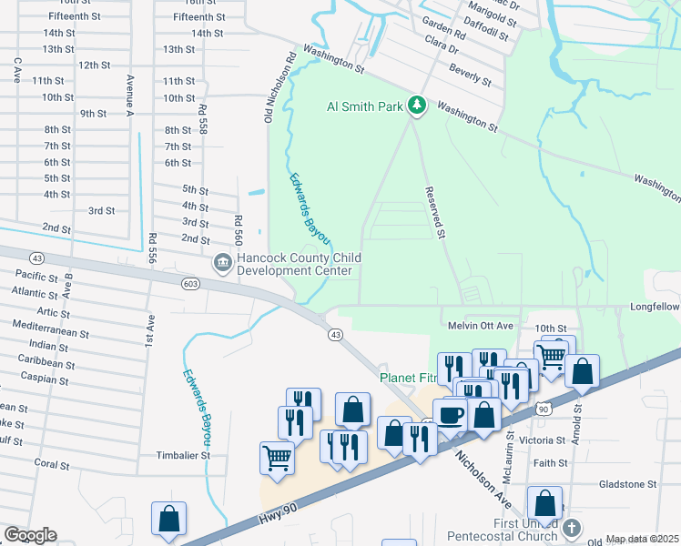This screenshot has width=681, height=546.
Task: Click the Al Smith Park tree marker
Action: click(x=417, y=106)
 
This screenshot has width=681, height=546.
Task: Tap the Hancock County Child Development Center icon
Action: click(x=222, y=263)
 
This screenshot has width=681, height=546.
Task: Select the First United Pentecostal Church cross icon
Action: click(x=571, y=528)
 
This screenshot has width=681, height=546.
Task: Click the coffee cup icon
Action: click(x=451, y=415)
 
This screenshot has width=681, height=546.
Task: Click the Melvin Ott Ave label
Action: click(x=481, y=326)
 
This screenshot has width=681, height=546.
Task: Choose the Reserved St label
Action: click(x=435, y=213)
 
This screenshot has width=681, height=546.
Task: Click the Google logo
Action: click(x=31, y=535)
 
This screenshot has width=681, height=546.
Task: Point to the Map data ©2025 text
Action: click(x=642, y=539)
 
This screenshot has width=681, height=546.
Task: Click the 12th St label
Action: click(x=94, y=66)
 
